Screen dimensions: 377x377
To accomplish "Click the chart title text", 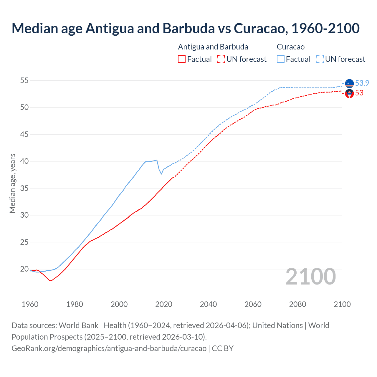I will (186, 28).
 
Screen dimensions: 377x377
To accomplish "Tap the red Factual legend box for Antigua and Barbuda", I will (182, 59).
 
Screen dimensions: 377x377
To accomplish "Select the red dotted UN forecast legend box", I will (221, 59).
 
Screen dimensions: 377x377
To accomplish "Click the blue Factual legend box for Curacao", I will (281, 59).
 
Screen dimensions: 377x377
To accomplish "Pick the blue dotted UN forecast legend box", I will (320, 59).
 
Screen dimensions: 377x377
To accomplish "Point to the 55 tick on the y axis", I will (24, 80).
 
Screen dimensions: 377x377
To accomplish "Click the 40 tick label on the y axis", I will (24, 161).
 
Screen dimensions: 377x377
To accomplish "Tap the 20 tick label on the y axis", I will (24, 269).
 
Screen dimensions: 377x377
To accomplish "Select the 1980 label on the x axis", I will (75, 304).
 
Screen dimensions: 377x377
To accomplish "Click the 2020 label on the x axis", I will (164, 304).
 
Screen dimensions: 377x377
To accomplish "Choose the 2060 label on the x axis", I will (253, 304).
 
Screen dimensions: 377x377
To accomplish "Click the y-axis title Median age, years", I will (12, 183).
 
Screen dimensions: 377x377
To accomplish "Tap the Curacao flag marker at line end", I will (349, 84).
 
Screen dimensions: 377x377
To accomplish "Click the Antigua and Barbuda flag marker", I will (349, 93).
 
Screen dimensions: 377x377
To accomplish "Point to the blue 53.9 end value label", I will (362, 83).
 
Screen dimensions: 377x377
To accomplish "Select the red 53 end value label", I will (359, 93).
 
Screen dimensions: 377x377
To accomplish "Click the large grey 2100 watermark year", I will (311, 276).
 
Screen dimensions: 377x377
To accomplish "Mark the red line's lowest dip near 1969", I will (50, 281).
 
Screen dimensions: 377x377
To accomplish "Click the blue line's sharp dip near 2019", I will (161, 174).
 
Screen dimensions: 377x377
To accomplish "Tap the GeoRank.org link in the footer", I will (109, 348).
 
